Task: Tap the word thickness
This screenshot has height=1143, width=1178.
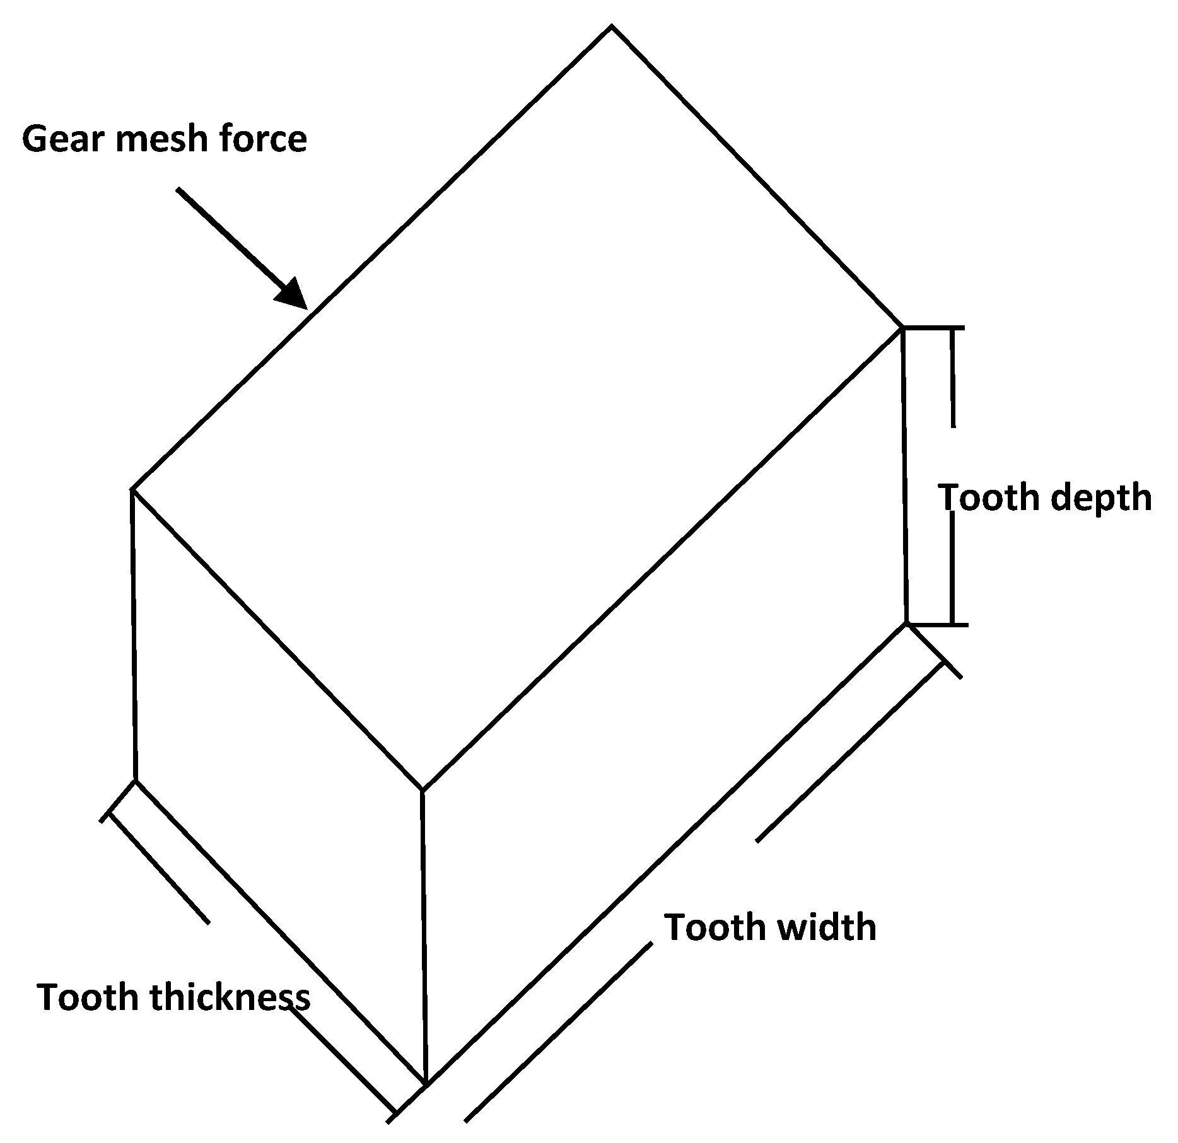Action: [230, 997]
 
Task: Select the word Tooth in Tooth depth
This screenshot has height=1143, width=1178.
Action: [981, 497]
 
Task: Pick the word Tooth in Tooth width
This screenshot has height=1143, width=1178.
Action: [706, 927]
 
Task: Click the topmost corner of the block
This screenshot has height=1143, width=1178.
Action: [612, 26]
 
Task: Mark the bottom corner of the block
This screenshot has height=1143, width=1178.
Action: [426, 1084]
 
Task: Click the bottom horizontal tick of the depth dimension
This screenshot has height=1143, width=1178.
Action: [937, 625]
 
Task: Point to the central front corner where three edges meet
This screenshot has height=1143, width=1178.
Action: [422, 790]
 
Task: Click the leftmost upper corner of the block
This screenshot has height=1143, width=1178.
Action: [132, 489]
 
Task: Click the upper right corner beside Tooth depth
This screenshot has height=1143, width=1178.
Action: [903, 327]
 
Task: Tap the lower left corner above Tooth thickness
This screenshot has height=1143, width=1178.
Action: [135, 781]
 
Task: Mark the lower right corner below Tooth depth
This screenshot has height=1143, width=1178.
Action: [907, 624]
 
